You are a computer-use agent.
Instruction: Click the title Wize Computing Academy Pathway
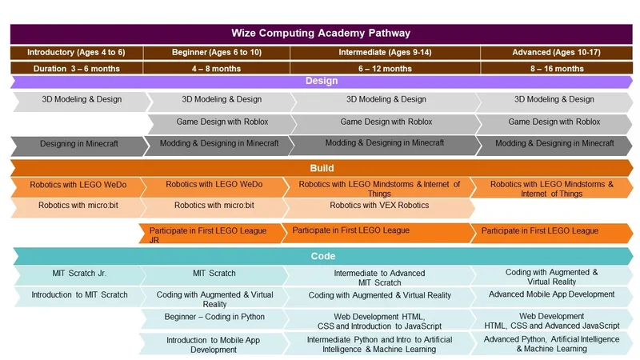click(322, 34)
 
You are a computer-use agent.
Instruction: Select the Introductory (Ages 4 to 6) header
click(77, 53)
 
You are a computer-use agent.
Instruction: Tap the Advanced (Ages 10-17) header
click(556, 53)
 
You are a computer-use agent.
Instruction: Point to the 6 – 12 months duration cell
click(385, 68)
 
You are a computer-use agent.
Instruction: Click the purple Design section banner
click(322, 82)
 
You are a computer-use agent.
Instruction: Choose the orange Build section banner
click(322, 168)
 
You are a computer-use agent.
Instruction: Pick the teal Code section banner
click(323, 256)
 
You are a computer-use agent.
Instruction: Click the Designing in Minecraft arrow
click(78, 146)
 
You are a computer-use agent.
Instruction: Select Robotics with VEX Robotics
click(379, 207)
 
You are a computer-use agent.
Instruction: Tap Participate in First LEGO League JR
click(210, 234)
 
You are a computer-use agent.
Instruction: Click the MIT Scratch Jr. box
click(79, 275)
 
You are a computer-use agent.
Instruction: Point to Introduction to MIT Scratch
click(79, 296)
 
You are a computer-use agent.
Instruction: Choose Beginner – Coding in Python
click(214, 318)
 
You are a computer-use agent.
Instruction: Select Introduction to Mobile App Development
click(213, 344)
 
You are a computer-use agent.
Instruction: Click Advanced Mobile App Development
click(551, 297)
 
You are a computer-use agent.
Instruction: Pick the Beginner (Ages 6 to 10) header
click(217, 53)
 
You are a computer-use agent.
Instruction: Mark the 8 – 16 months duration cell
click(557, 68)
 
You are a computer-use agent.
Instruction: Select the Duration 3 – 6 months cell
click(77, 68)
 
